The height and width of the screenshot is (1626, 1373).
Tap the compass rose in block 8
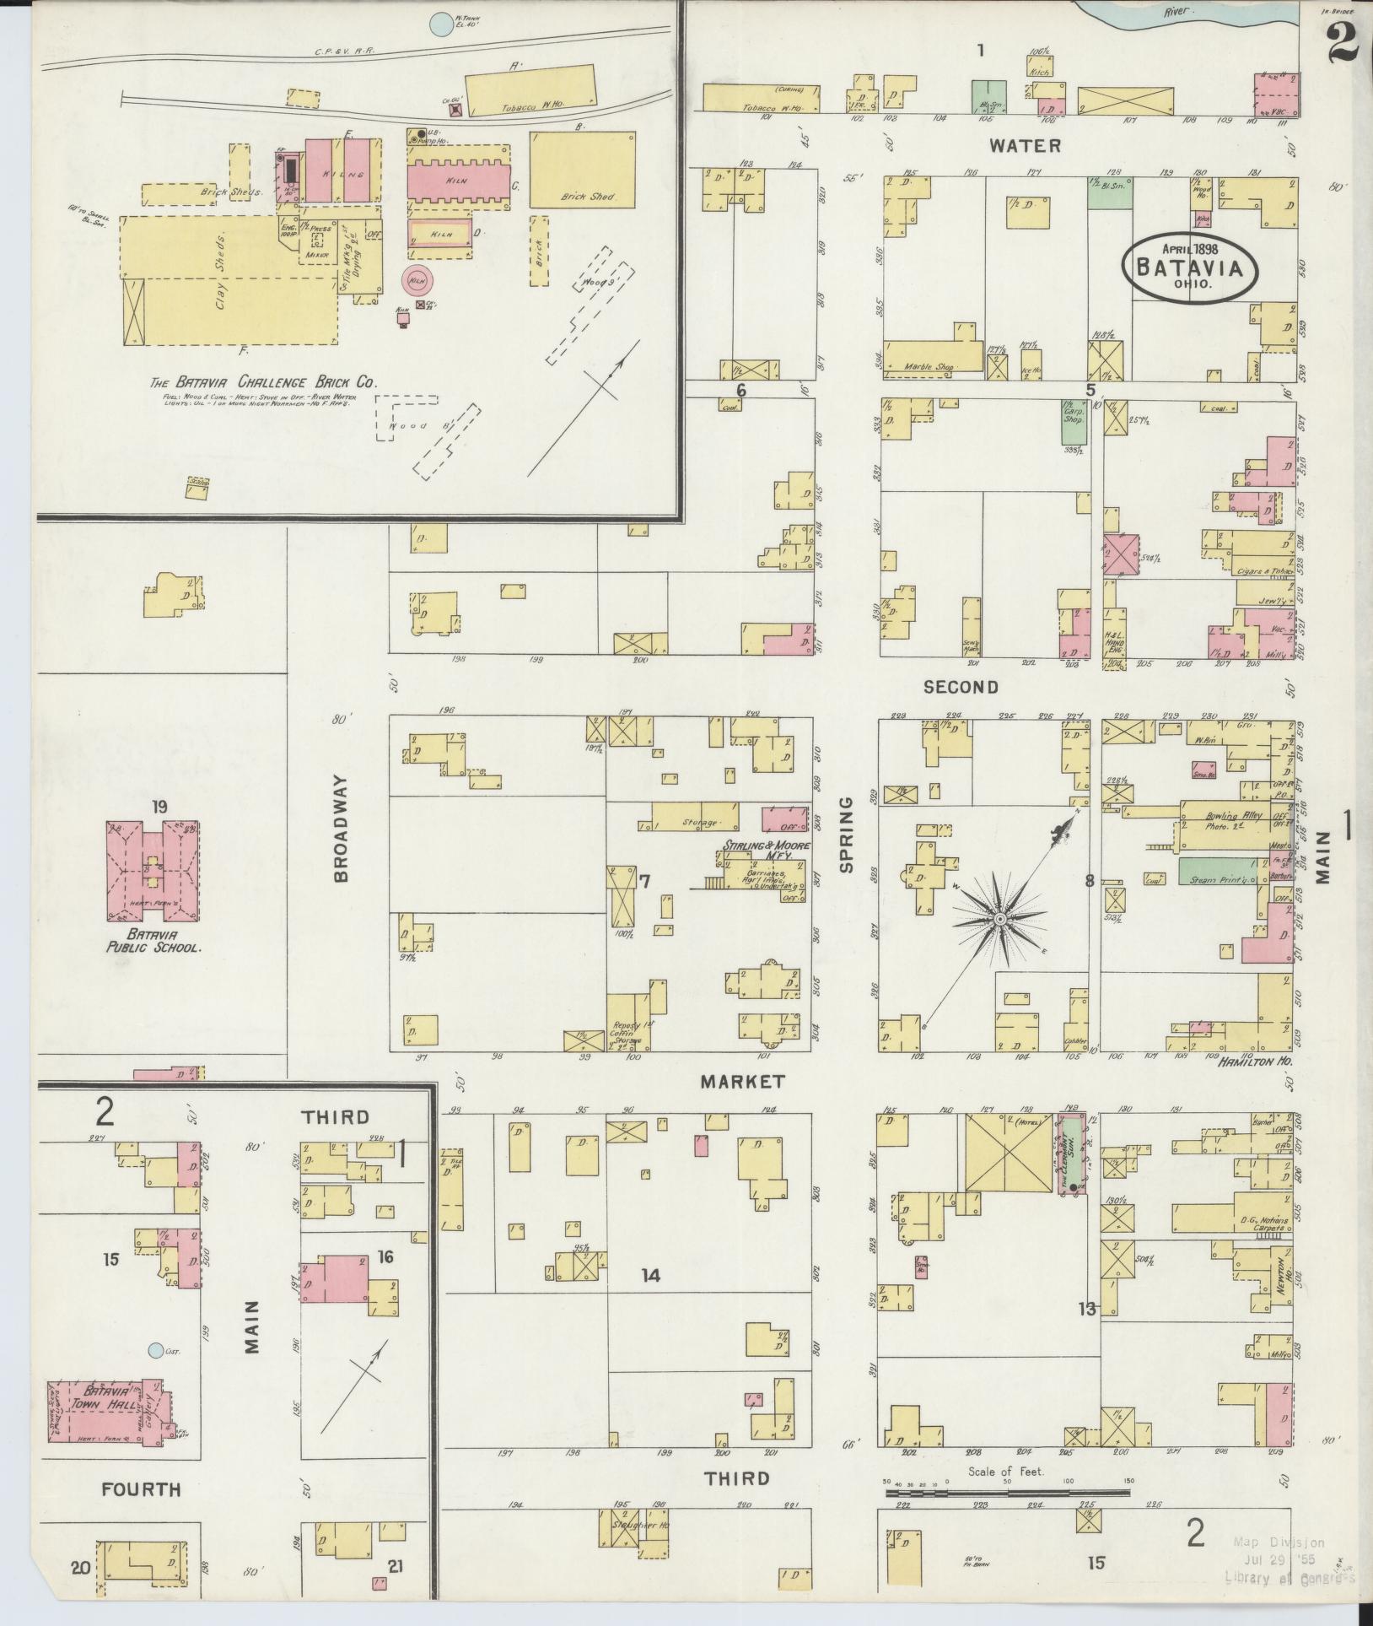click(x=999, y=917)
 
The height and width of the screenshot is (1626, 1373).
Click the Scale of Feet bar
click(x=1007, y=1492)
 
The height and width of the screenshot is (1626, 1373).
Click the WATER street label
click(x=1025, y=146)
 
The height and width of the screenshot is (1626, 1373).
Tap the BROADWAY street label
click(x=341, y=829)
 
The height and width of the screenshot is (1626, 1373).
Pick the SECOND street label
click(x=961, y=687)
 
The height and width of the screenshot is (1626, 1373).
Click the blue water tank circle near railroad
click(x=439, y=24)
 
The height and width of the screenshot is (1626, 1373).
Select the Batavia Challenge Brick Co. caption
click(x=262, y=381)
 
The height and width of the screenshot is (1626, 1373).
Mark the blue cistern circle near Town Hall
click(x=154, y=1351)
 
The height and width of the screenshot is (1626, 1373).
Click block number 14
click(x=649, y=1276)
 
